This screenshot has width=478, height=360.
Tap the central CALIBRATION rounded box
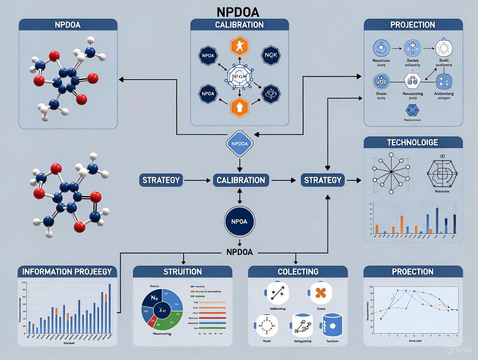click(241, 180)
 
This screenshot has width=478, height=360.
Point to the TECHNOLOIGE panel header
click(413, 142)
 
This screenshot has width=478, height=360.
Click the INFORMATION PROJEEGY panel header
click(67, 272)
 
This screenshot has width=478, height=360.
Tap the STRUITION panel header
click(182, 272)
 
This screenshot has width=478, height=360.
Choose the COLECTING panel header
click(297, 272)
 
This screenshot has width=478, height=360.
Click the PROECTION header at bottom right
click(413, 272)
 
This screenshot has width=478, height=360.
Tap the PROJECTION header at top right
click(413, 24)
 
